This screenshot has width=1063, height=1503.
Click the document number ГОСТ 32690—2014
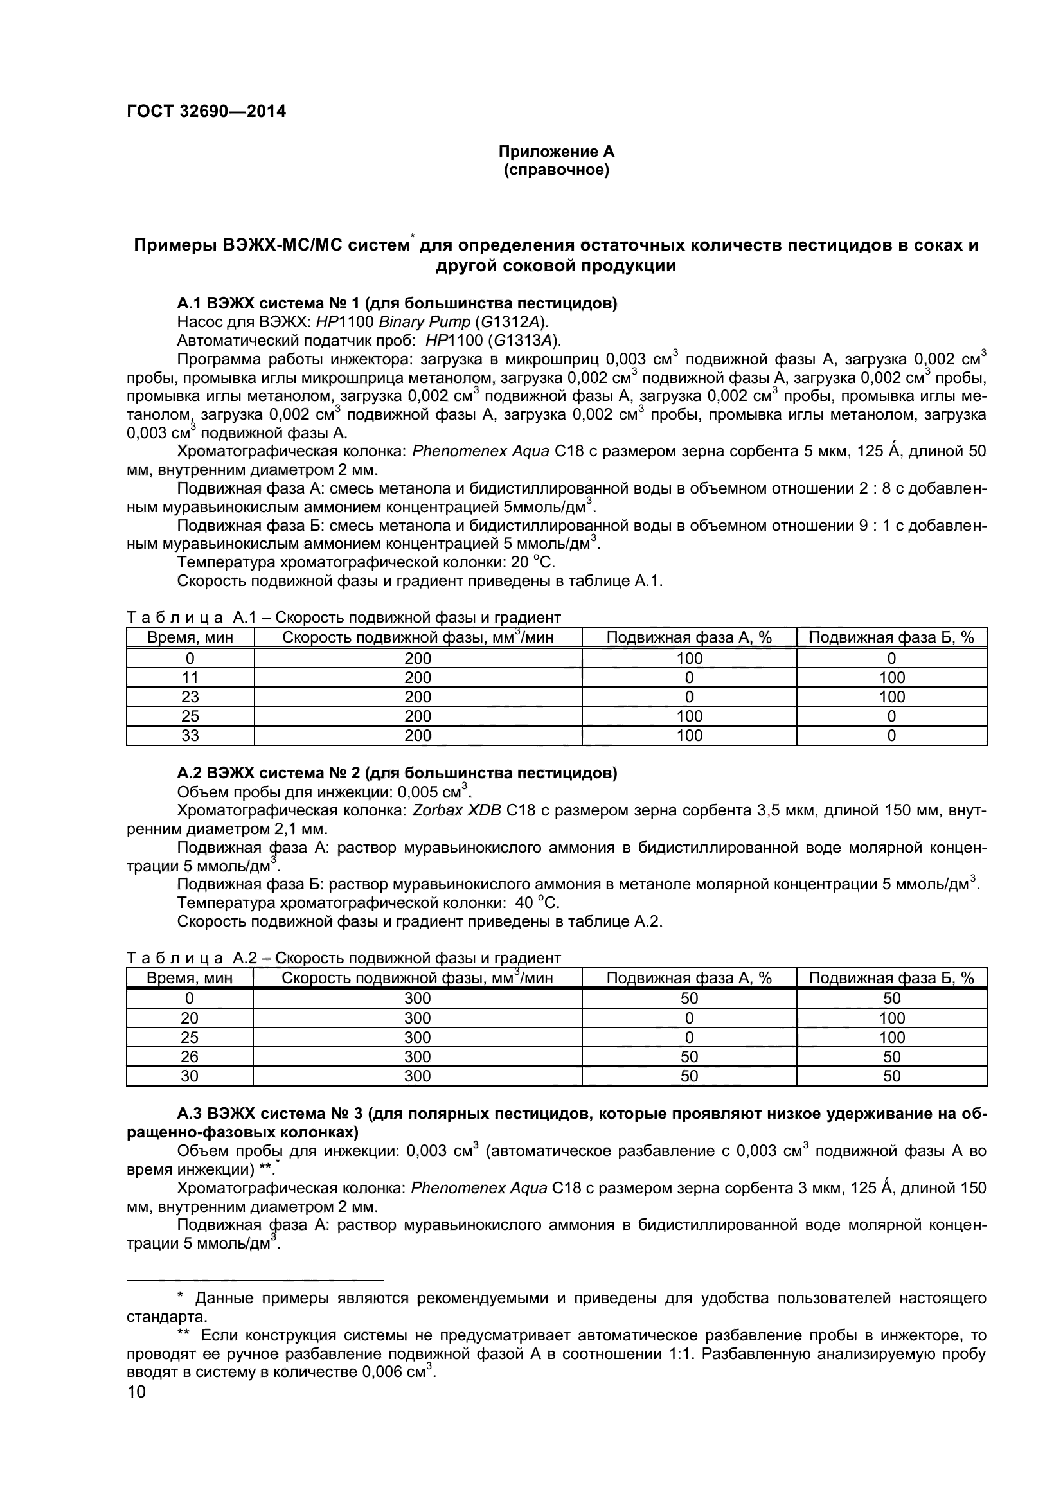[x=206, y=111]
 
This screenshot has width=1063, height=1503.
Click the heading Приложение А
[x=557, y=152]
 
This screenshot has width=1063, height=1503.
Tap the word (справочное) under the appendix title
[x=557, y=170]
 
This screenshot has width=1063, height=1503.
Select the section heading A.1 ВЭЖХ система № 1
[x=397, y=303]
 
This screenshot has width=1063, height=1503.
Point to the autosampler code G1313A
[x=524, y=341]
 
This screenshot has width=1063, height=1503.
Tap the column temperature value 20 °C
[x=532, y=562]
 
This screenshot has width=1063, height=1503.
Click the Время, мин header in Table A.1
[x=190, y=637]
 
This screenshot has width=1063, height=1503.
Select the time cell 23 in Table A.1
[x=190, y=697]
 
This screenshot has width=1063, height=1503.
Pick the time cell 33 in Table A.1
[x=190, y=735]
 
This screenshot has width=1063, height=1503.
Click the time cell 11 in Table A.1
[x=190, y=677]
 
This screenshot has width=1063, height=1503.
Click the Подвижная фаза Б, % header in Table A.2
[x=891, y=978]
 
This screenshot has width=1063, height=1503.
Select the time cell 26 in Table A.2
[x=189, y=1056]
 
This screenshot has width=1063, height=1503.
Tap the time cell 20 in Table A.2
[x=189, y=1018]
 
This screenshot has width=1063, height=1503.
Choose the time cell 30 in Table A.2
[x=189, y=1076]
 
